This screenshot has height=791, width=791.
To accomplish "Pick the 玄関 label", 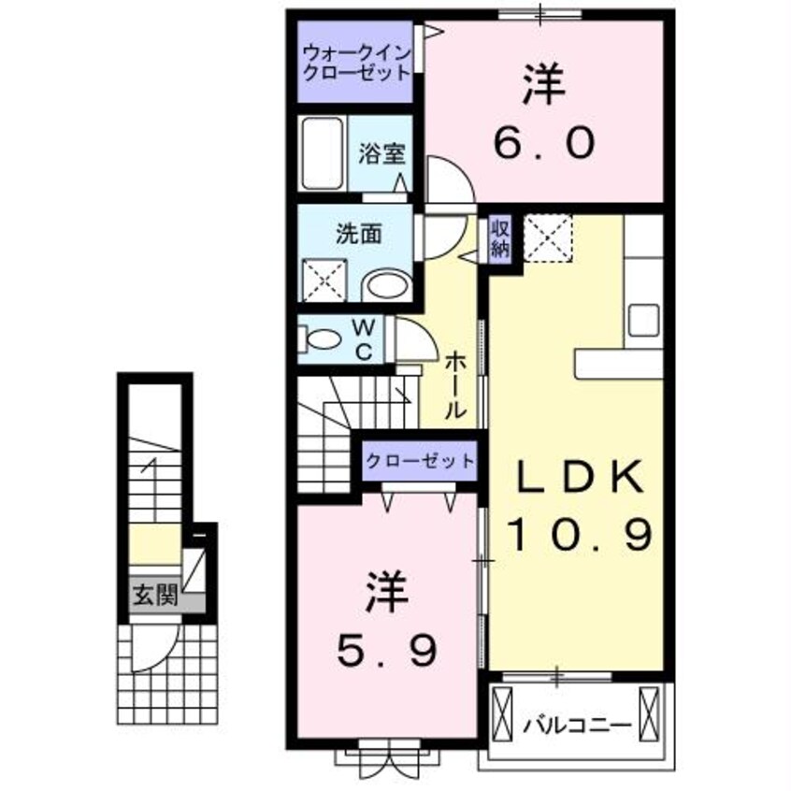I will click(153, 596).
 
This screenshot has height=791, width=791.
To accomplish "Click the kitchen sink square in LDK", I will click(644, 320).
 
